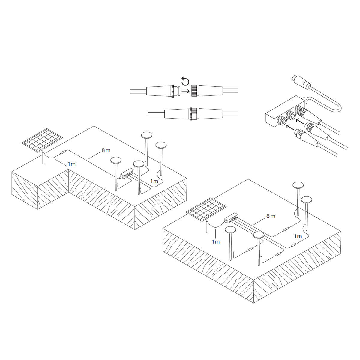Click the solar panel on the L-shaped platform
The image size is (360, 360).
tap(42, 140)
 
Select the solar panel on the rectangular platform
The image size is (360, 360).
tap(207, 209)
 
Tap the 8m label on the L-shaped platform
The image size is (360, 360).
tap(106, 150)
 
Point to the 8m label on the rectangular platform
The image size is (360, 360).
tap(271, 216)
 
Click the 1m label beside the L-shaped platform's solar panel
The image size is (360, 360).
tap(72, 164)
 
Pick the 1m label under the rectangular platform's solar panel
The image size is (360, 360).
tap(216, 242)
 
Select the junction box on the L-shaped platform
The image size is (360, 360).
tap(127, 174)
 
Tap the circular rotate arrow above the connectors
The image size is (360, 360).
tap(185, 82)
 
